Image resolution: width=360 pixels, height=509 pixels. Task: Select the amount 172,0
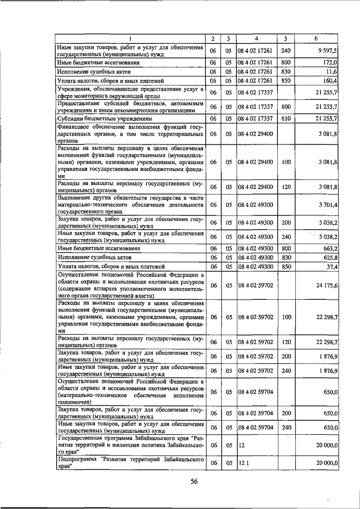[x=329, y=62]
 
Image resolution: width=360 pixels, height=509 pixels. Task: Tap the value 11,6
[x=331, y=72]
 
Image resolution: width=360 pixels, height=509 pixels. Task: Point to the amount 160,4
[x=329, y=81]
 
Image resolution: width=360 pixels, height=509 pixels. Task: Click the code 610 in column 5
[x=286, y=119]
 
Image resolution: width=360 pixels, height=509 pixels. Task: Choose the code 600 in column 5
[x=286, y=107]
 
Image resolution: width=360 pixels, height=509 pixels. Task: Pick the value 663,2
[x=329, y=248]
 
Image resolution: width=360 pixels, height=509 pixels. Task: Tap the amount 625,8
[x=329, y=257]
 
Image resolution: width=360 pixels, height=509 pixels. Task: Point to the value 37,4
[x=331, y=266]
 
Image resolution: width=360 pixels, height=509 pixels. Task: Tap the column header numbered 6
[x=316, y=38]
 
